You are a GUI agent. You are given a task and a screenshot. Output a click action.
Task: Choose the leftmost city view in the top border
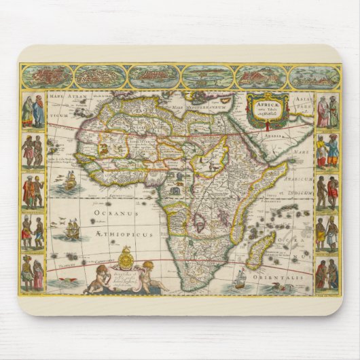pos(46,76)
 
